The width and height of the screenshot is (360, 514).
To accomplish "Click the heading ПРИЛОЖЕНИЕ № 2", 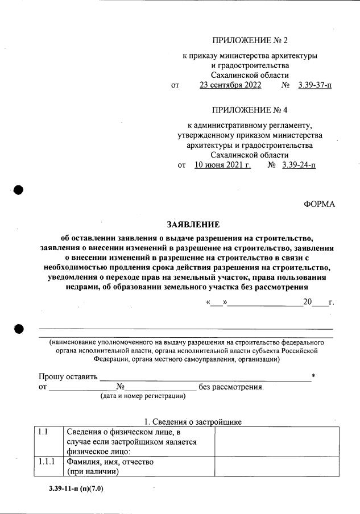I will [x=250, y=40].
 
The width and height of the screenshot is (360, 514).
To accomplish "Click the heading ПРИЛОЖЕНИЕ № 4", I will [x=250, y=109].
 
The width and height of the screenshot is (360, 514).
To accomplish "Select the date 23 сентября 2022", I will [x=230, y=85].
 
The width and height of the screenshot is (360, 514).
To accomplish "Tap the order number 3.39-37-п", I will [x=315, y=85].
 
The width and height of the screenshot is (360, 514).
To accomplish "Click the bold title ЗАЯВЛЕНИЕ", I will [x=185, y=225].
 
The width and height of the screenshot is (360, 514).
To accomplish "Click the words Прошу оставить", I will [x=68, y=377].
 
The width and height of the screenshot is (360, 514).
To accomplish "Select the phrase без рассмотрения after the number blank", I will [x=231, y=387].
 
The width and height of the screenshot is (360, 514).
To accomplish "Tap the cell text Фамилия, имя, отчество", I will [x=110, y=462].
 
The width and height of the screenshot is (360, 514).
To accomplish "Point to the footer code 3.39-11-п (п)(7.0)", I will [x=76, y=488].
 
